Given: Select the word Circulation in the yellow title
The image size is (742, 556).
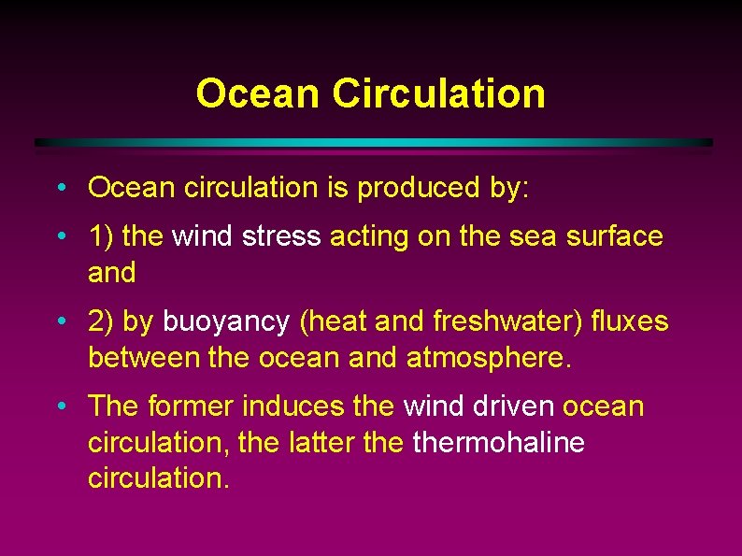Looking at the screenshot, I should click(x=438, y=93).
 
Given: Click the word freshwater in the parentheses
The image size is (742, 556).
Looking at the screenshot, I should click(x=504, y=321).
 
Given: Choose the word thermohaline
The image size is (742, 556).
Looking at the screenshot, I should click(x=498, y=442).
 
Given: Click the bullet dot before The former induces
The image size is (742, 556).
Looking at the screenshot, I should click(x=60, y=406).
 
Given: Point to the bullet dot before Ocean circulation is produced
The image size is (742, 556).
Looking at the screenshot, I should click(x=60, y=188).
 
